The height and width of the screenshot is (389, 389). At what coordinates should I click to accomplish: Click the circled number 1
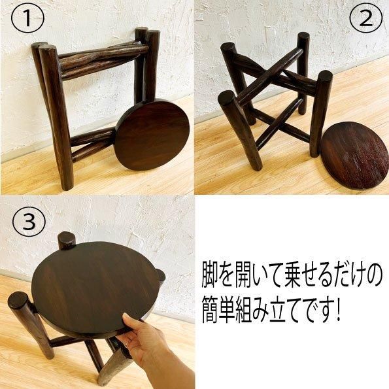pyautogui.click(x=27, y=18)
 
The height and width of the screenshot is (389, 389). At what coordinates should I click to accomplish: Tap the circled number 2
pyautogui.click(x=365, y=18)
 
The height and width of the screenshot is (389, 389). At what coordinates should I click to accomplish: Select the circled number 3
pyautogui.click(x=29, y=220)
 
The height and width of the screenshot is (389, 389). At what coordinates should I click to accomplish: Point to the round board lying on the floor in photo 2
pyautogui.click(x=355, y=156)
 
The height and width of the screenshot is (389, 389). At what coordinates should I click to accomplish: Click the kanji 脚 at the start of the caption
pyautogui.click(x=210, y=276)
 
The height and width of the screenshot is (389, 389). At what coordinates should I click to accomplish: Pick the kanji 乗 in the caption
pyautogui.click(x=280, y=276)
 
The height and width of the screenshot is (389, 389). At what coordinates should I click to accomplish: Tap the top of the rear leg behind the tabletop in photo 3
pyautogui.click(x=67, y=239)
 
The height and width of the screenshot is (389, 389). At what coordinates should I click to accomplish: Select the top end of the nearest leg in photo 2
pyautogui.click(x=227, y=98)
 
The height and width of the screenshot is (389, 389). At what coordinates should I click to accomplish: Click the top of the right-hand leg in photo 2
pyautogui.click(x=324, y=77)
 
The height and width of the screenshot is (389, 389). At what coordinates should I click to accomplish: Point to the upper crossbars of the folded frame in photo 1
pyautogui.click(x=104, y=60)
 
